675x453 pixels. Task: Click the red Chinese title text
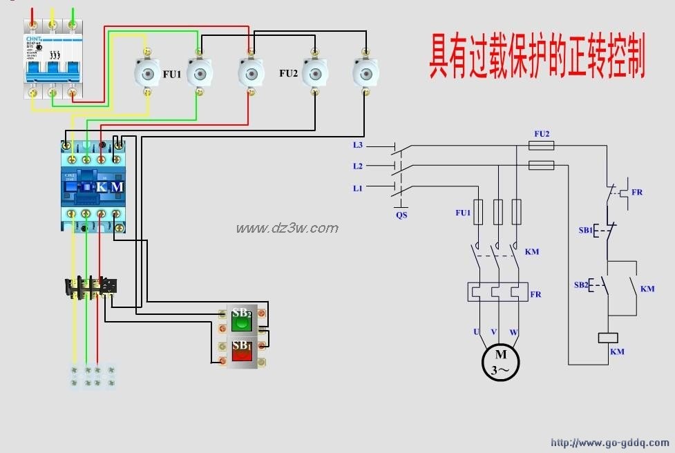[536, 57]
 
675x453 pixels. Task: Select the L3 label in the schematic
[357, 145]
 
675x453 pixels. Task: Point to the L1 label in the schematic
[357, 187]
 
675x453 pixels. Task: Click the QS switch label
[401, 215]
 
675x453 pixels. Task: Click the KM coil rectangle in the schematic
[607, 338]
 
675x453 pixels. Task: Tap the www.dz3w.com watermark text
[287, 229]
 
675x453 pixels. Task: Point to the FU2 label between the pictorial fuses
[289, 73]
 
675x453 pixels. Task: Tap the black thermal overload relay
[91, 287]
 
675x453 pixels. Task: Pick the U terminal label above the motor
[477, 332]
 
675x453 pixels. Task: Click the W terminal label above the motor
[513, 332]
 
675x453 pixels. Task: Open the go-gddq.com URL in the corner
[609, 443]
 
